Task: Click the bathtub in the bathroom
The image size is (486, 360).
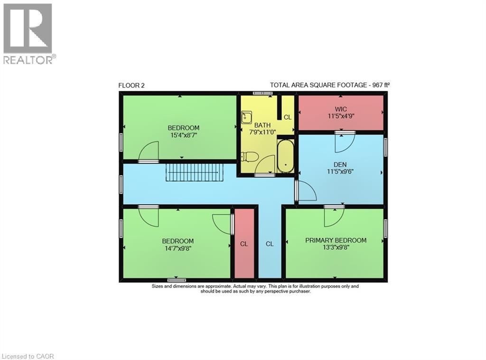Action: [286, 156]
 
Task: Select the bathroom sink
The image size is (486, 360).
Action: [246, 117]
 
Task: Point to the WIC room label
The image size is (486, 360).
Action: [340, 109]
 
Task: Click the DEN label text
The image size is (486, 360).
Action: [340, 165]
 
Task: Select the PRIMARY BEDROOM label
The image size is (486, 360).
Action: [336, 240]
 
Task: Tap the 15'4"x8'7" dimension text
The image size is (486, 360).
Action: [183, 135]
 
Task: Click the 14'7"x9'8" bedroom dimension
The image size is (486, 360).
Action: [178, 248]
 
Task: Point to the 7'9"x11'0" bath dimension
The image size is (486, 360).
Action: [262, 133]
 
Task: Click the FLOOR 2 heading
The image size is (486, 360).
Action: [131, 85]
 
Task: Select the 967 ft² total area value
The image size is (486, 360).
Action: [380, 85]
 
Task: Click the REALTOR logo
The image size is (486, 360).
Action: [28, 33]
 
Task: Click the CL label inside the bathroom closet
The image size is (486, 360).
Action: [287, 117]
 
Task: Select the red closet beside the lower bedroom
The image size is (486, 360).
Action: [244, 243]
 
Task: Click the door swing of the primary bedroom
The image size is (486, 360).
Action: [334, 217]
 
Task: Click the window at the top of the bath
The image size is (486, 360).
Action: [262, 94]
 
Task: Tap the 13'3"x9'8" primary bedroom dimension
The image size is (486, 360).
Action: [336, 248]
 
